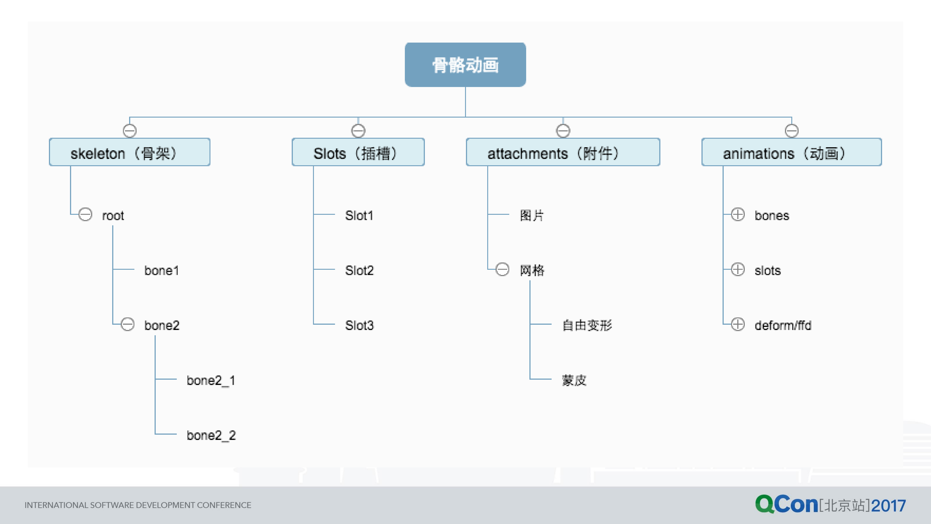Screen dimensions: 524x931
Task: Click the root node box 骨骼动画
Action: pos(465,65)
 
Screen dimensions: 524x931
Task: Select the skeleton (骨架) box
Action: pos(129,152)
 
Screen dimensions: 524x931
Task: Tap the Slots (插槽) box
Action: pos(358,152)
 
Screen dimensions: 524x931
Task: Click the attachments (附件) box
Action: pos(563,152)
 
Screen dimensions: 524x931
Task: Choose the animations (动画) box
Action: pos(791,152)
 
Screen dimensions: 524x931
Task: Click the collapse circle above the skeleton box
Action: pos(129,130)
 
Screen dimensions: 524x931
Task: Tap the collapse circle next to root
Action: pos(85,214)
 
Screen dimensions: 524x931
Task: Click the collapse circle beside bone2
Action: pos(127,324)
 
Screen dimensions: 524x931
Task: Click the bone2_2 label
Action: pos(211,435)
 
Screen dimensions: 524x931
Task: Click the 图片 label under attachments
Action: pos(532,215)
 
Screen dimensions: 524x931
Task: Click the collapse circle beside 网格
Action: pos(502,269)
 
